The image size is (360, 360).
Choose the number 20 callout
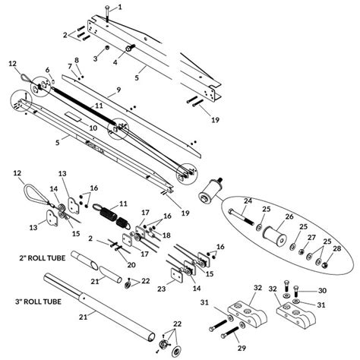pyautogui.click(x=131, y=264)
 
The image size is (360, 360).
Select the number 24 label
pyautogui.click(x=247, y=201)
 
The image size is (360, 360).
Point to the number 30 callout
pyautogui.click(x=321, y=291)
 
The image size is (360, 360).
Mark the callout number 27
pyautogui.click(x=311, y=237)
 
